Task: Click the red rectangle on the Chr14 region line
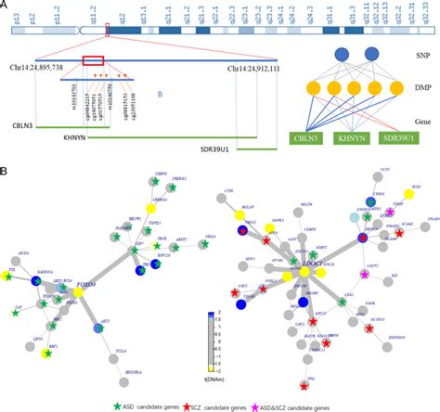93,61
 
